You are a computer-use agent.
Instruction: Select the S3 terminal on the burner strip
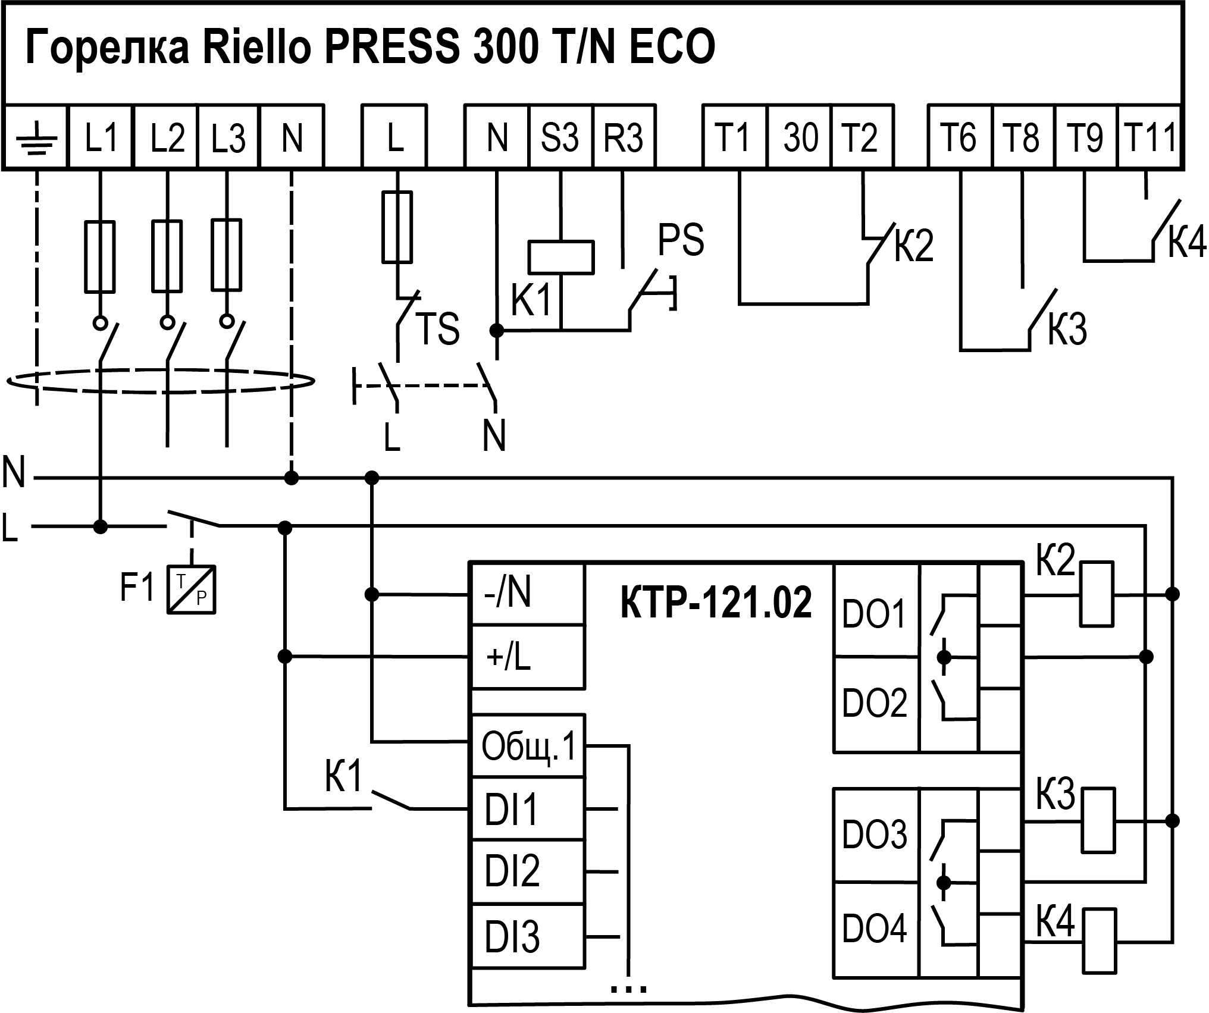560,137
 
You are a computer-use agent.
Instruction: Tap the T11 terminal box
1150,137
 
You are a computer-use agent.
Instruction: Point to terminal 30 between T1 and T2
800,137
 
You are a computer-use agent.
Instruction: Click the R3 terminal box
624,137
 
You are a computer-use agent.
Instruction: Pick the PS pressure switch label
681,240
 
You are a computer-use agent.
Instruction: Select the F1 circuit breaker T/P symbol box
191,589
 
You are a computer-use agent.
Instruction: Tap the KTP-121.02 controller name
716,603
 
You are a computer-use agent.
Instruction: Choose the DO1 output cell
874,613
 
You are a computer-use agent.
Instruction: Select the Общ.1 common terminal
528,747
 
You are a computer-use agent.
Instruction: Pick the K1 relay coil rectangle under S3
561,258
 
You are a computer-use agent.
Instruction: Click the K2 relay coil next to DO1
1096,594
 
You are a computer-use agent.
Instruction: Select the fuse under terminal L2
167,256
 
